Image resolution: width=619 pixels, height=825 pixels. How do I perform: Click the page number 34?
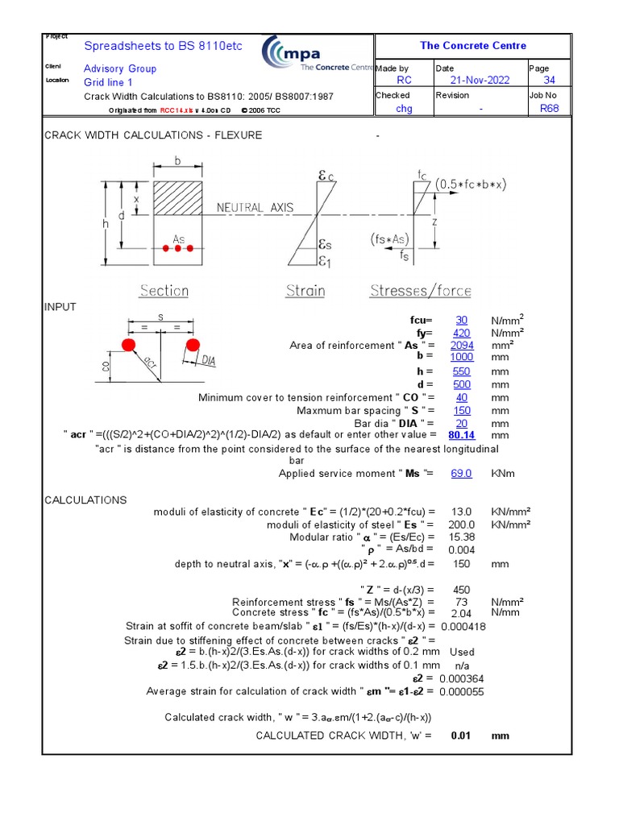(549, 81)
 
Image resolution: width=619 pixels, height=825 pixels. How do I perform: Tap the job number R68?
(549, 108)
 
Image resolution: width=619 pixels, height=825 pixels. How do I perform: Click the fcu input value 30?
(461, 320)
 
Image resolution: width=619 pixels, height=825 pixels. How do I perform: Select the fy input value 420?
(461, 332)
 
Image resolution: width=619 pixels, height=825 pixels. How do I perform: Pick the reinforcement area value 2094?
(461, 345)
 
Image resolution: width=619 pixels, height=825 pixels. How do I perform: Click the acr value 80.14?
(461, 435)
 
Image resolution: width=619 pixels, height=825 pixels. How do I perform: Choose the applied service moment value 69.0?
(461, 474)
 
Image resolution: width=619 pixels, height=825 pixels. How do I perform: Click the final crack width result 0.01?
(460, 736)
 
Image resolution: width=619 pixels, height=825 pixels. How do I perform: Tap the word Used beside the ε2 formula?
(462, 652)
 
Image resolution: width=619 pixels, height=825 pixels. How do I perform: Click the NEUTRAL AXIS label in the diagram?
(255, 208)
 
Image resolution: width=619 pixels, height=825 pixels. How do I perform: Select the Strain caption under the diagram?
(305, 291)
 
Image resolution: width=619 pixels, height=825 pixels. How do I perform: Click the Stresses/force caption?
(421, 291)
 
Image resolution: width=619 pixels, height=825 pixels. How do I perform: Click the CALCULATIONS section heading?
(85, 500)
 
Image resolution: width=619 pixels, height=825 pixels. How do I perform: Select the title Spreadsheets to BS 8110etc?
(163, 46)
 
